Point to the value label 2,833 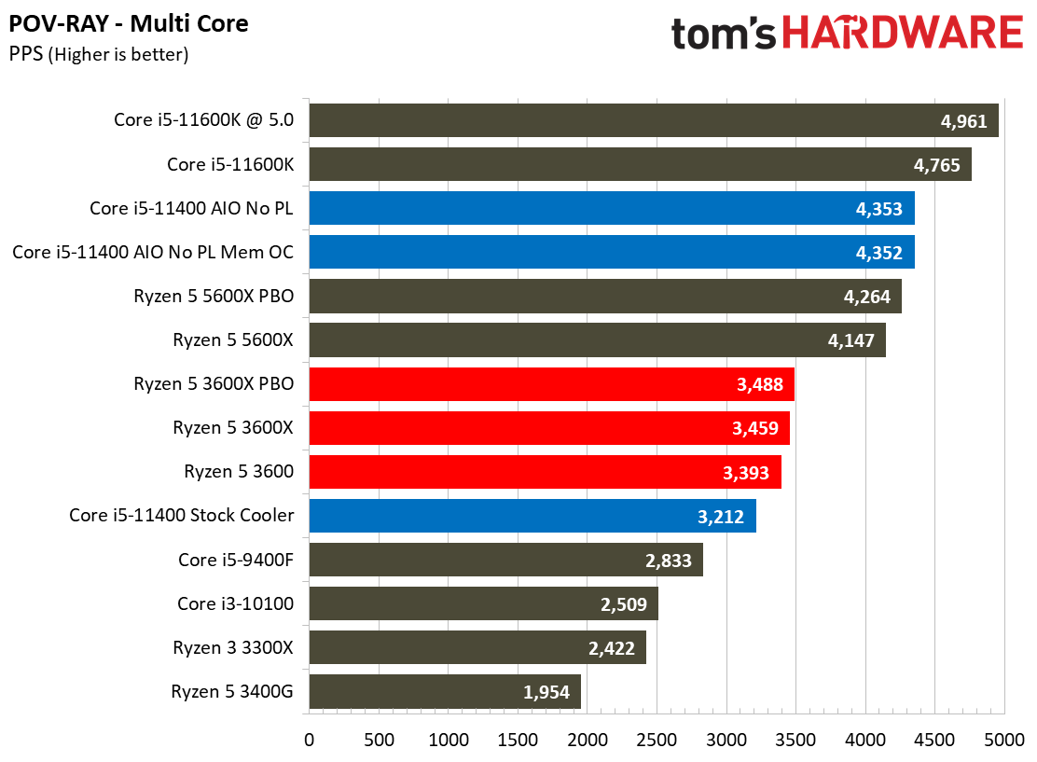[669, 560]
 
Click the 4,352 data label [878, 253]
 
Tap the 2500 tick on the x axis [657, 740]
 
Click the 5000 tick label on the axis [1004, 740]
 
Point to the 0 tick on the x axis [310, 740]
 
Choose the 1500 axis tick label [518, 740]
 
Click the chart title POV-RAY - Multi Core [129, 23]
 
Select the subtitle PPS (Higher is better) [99, 55]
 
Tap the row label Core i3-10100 [235, 603]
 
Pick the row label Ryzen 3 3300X [233, 647]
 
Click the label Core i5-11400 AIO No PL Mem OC [153, 253]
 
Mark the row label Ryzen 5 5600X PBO [214, 297]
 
